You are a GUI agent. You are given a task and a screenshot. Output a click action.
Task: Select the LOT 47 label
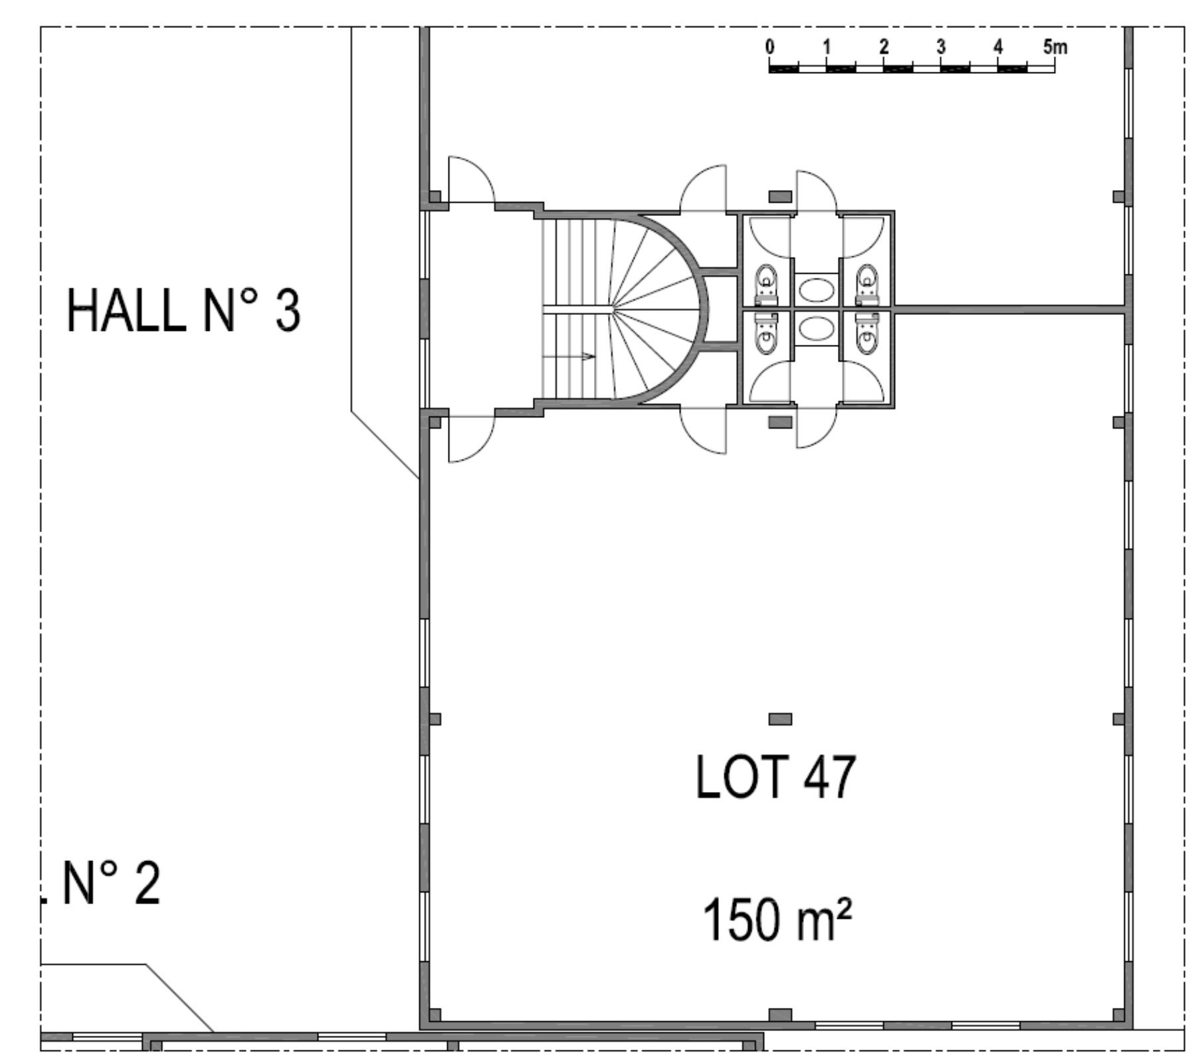point(775,777)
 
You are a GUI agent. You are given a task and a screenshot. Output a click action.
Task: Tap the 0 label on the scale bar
point(769,47)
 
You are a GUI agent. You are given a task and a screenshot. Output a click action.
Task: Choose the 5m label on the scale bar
point(1055,47)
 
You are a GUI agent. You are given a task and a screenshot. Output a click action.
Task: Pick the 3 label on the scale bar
point(941,47)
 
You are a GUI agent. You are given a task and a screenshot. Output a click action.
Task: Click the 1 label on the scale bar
point(827,47)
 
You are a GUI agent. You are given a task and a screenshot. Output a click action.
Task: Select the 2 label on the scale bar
point(884,47)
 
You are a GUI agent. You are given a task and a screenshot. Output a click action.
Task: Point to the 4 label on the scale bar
point(998,47)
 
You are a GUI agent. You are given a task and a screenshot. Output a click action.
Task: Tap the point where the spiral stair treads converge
point(612,308)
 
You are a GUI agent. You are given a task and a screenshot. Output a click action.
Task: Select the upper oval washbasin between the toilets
point(817,290)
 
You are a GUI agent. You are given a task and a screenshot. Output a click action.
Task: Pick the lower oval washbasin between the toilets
point(817,328)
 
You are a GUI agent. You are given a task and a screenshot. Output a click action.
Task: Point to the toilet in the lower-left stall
point(766,334)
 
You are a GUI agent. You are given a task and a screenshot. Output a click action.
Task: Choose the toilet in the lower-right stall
point(867,334)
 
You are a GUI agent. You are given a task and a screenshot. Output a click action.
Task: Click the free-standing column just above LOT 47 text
point(780,719)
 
